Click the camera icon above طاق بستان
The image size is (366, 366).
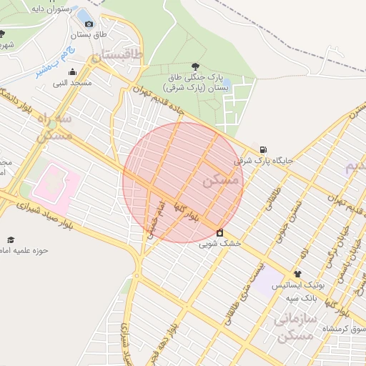[88, 24]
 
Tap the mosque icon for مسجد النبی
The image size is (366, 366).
[72, 71]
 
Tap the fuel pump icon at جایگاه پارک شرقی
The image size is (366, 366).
[264, 149]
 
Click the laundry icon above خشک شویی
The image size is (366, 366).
[220, 232]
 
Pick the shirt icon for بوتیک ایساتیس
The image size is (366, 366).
[297, 273]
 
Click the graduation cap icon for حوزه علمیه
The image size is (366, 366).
[10, 239]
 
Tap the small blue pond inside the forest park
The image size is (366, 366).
[84, 15]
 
